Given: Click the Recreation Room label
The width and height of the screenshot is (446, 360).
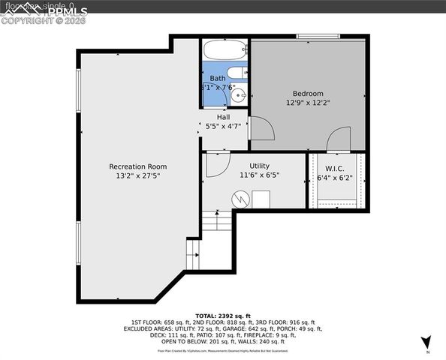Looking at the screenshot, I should click(138, 166).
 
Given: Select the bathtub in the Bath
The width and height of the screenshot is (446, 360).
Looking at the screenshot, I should click(225, 51).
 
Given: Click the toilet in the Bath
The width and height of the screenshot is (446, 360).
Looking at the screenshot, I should click(237, 73).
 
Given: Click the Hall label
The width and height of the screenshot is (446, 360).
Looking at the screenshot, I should click(224, 117).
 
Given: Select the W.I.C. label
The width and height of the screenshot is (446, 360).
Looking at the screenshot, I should click(334, 169).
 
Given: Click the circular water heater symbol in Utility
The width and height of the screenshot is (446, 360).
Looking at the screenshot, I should click(240, 200).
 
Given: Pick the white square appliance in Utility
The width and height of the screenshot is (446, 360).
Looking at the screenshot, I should click(261, 199).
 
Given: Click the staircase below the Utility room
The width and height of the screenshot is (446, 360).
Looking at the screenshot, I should click(217, 221).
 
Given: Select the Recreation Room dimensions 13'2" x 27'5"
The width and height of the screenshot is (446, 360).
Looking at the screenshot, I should click(138, 175).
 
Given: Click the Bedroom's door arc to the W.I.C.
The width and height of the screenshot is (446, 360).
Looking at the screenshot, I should click(339, 138).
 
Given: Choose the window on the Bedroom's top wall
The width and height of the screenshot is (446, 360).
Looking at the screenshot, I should click(318, 36).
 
